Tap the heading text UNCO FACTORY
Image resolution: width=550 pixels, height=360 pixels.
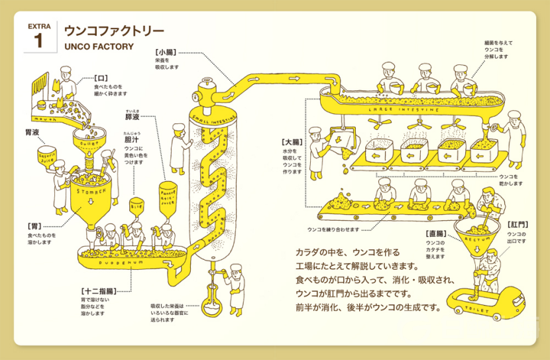click(99, 47)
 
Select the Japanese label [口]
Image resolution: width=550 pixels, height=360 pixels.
click(101, 77)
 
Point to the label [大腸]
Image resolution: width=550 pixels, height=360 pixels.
click(292, 142)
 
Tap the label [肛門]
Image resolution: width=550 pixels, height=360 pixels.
click(518, 226)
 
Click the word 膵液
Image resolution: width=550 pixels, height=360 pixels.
click(133, 117)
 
